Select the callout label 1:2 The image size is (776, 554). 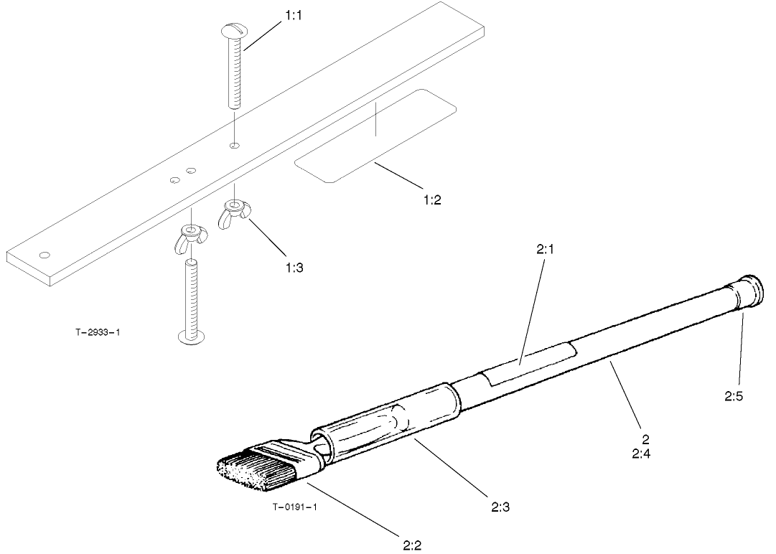[431, 199]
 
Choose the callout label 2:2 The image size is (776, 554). [411, 545]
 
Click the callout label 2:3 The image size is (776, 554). [501, 507]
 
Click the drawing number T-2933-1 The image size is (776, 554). [97, 332]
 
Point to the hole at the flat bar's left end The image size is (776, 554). [45, 254]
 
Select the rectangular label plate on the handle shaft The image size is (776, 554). [528, 363]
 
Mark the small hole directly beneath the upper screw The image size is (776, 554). [234, 146]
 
